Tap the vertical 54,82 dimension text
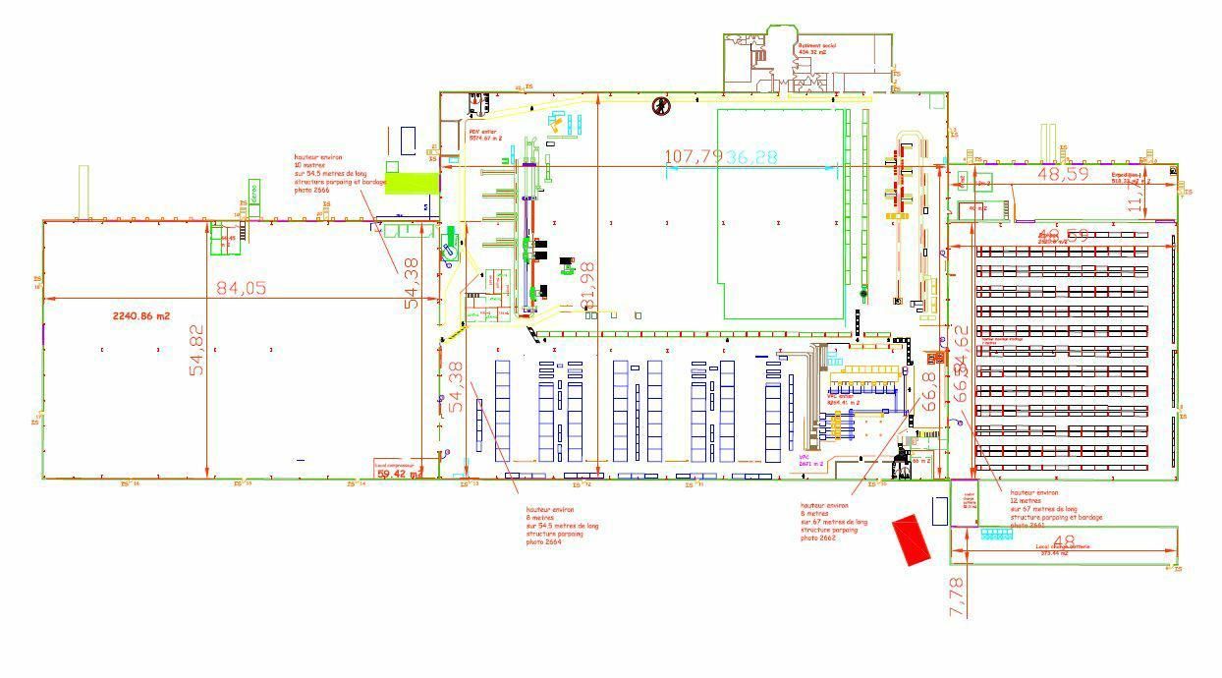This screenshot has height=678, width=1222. pyautogui.click(x=197, y=350)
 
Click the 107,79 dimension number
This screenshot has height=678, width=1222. pyautogui.click(x=694, y=157)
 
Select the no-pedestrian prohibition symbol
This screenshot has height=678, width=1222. pyautogui.click(x=662, y=105)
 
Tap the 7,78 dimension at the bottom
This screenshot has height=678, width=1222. pyautogui.click(x=958, y=596)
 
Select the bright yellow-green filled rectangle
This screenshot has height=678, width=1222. pyautogui.click(x=411, y=183)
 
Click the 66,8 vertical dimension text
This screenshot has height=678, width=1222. pyautogui.click(x=929, y=391)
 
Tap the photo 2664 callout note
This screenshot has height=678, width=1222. pyautogui.click(x=561, y=526)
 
